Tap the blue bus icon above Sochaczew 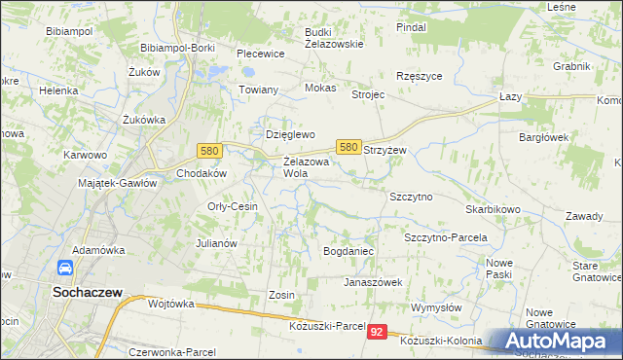64,268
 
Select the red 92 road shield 379,333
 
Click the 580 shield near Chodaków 208,151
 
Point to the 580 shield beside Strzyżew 348,146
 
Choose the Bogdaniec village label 348,251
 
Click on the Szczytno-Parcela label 445,237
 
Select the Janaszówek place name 373,282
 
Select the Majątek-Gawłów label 117,182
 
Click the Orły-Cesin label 233,206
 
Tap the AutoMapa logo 555,341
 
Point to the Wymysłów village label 436,307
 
